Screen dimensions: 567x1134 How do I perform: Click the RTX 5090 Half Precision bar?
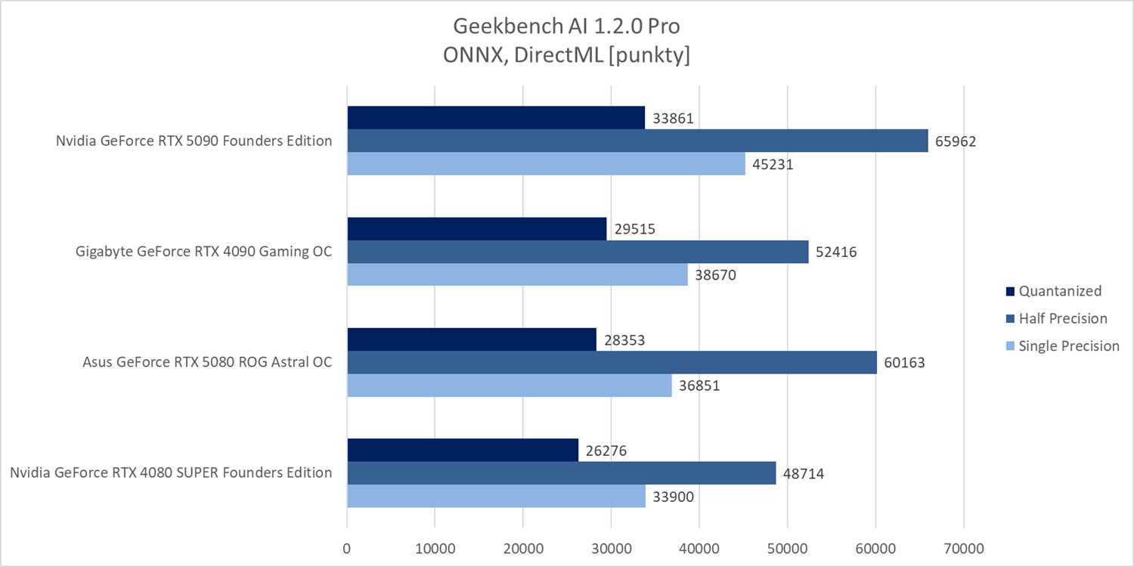click(637, 141)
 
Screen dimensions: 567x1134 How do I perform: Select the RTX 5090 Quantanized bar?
click(496, 118)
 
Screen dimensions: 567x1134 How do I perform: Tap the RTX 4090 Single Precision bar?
click(517, 274)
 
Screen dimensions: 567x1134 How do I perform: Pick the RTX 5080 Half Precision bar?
click(612, 363)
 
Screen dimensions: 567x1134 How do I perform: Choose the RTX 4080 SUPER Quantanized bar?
click(463, 451)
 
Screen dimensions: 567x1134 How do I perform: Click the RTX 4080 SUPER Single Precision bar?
click(496, 496)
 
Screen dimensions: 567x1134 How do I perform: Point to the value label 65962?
click(956, 141)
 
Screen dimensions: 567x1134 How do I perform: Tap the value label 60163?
click(904, 363)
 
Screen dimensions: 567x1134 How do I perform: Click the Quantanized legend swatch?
click(1010, 291)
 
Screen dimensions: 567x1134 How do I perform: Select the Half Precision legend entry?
click(1063, 318)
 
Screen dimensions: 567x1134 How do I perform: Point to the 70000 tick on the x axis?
click(963, 547)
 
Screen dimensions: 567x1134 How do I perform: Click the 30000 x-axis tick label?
click(611, 547)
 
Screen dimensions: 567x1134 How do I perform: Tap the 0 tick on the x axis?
click(347, 547)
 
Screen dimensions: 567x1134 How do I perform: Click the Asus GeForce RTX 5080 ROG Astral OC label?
click(207, 361)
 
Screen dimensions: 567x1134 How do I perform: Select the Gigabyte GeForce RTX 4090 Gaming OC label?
click(203, 252)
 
